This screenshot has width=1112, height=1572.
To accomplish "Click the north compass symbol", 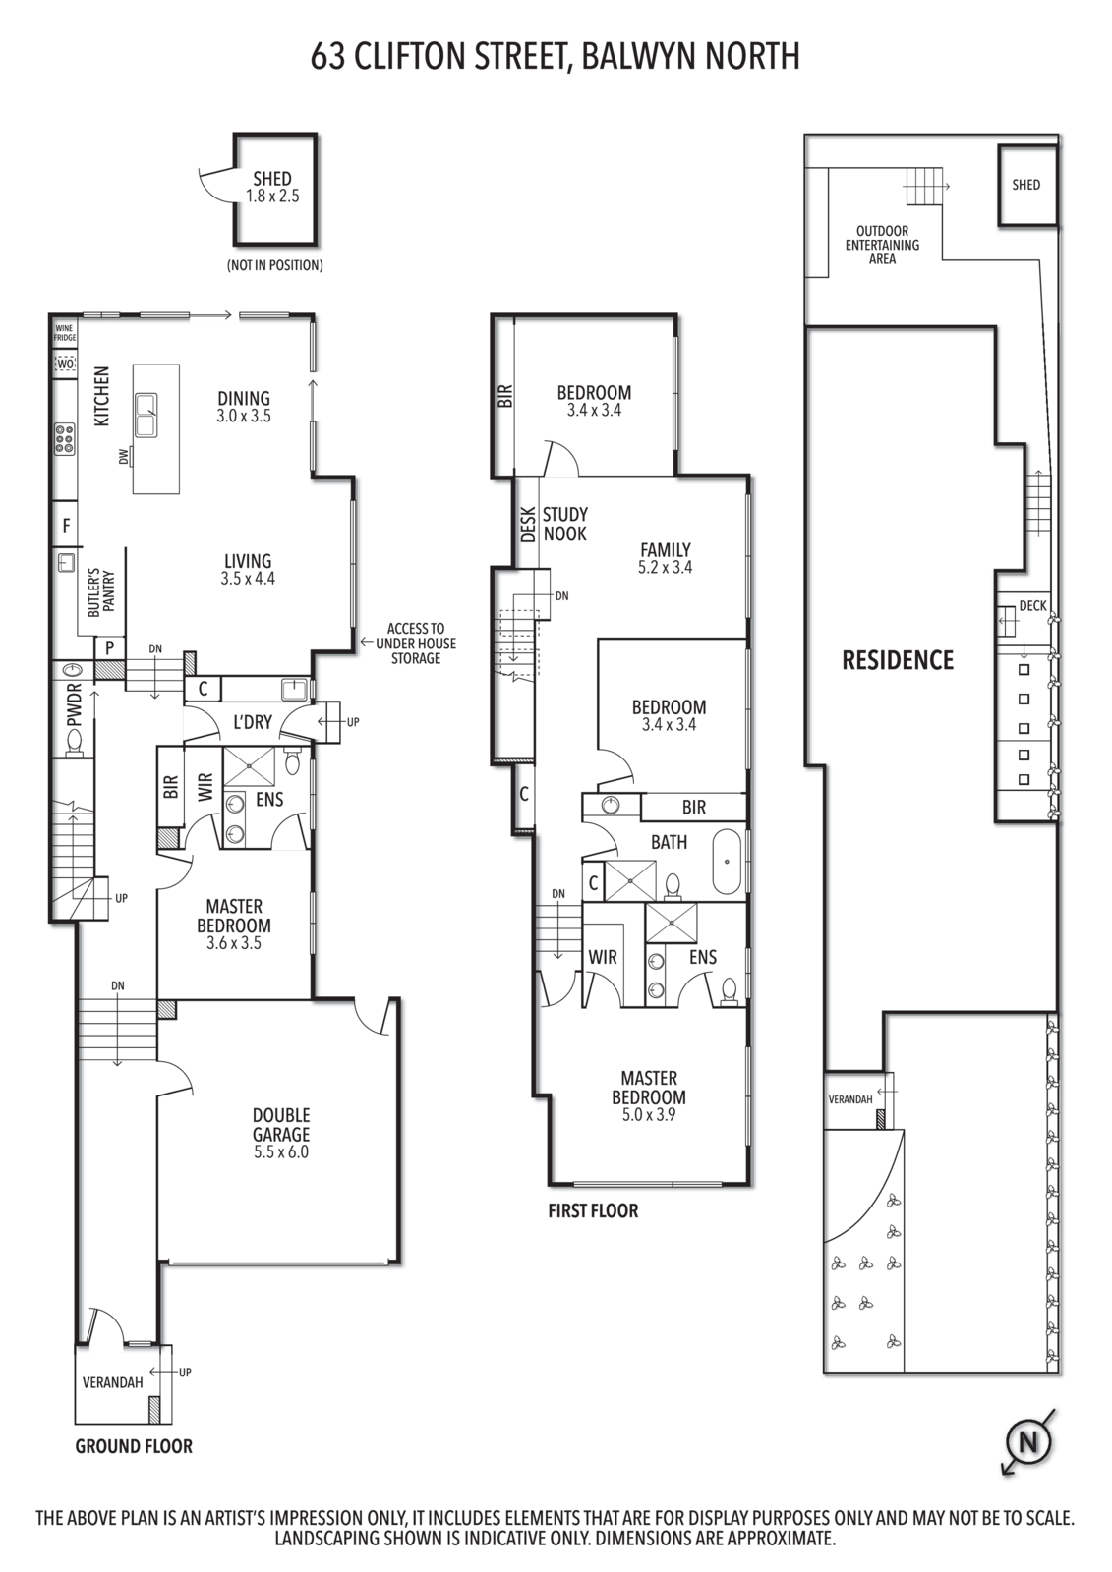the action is pyautogui.click(x=1028, y=1443).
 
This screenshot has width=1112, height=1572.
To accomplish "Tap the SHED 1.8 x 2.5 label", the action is pyautogui.click(x=272, y=188).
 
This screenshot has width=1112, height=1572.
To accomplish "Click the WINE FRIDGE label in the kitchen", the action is pyautogui.click(x=65, y=333).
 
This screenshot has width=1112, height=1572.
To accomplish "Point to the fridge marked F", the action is pyautogui.click(x=66, y=525).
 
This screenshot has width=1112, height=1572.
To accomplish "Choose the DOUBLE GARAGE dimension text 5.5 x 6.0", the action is pyautogui.click(x=281, y=1151).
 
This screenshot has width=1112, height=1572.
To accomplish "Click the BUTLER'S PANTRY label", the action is pyautogui.click(x=101, y=592).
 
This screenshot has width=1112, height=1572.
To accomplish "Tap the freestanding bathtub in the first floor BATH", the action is pyautogui.click(x=727, y=862).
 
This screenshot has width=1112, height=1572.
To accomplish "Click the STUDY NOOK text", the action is pyautogui.click(x=565, y=524).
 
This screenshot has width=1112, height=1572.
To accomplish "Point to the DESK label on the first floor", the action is pyautogui.click(x=528, y=525).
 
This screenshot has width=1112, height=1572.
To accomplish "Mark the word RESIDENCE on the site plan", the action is pyautogui.click(x=898, y=660).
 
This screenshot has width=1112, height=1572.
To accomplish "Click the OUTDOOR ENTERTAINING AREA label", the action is pyautogui.click(x=882, y=245).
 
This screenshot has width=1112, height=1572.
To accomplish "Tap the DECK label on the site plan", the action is pyautogui.click(x=1032, y=605).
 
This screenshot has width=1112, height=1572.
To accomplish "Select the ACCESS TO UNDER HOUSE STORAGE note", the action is pyautogui.click(x=416, y=643).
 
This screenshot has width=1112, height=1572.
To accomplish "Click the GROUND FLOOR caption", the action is pyautogui.click(x=134, y=1445).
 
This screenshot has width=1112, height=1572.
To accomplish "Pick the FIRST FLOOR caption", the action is pyautogui.click(x=594, y=1210).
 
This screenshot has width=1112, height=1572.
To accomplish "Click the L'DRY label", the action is pyautogui.click(x=252, y=721).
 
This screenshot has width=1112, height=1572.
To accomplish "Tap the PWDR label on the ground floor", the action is pyautogui.click(x=75, y=704).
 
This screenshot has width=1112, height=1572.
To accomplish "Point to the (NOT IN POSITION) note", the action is pyautogui.click(x=274, y=265).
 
